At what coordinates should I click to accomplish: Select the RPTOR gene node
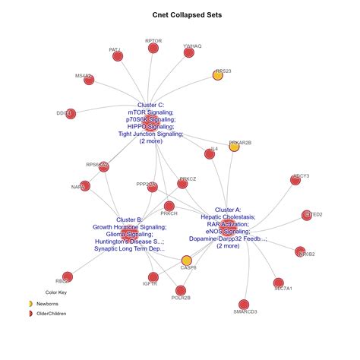coord(153,49)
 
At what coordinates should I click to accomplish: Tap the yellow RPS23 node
coord(218,75)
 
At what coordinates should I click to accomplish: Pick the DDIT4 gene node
coord(70,113)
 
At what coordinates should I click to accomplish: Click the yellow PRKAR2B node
coord(234,146)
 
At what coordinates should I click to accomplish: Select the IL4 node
coord(210,153)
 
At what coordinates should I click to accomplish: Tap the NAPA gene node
coord(85,185)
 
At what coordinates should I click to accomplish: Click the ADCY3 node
coord(295,180)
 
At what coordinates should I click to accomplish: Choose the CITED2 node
coord(308,216)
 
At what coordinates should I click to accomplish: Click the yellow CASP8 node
coord(187,261)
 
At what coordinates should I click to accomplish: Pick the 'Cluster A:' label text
coord(228,209)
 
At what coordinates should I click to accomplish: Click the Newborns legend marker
coord(30,304)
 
